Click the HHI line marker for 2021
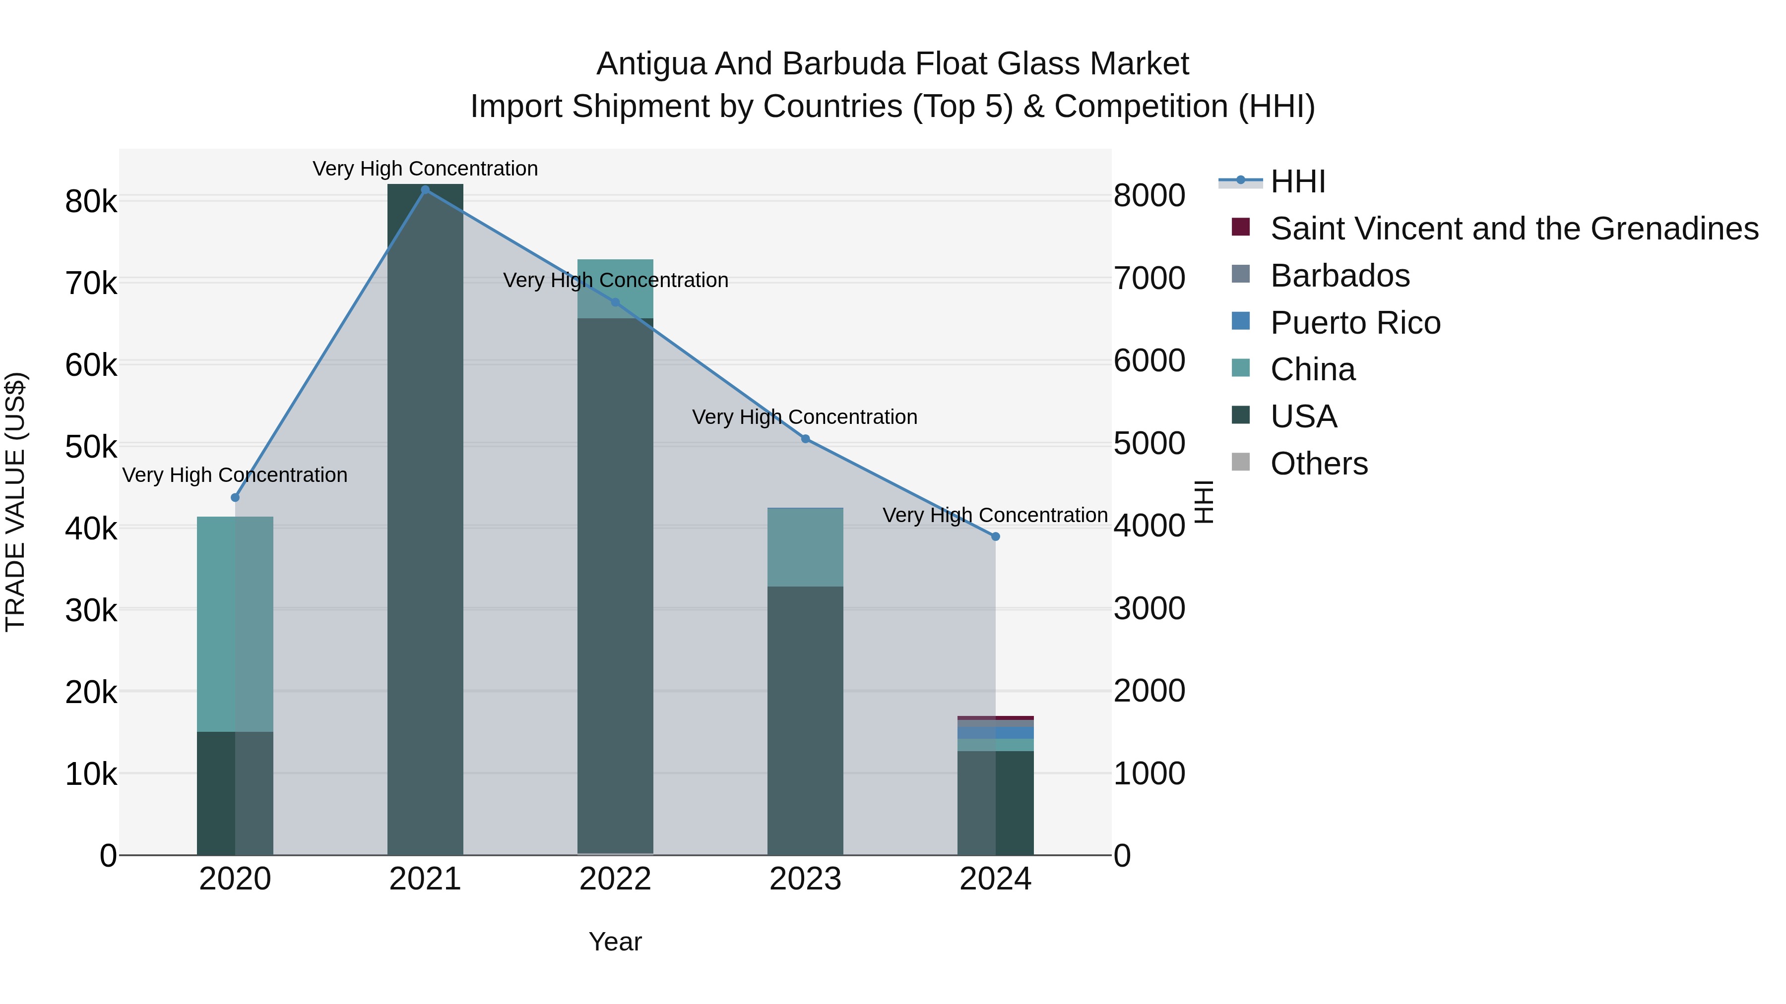425,190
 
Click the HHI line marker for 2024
995,536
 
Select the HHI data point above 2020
235,497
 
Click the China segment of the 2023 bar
805,547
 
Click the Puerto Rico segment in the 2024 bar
995,732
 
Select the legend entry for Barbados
1339,276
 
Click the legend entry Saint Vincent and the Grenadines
1514,229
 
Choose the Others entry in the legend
1319,464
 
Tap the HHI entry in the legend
1297,181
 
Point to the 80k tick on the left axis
91,202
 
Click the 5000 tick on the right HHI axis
1149,443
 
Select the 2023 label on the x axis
805,879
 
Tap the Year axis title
615,942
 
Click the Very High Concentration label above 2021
425,169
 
